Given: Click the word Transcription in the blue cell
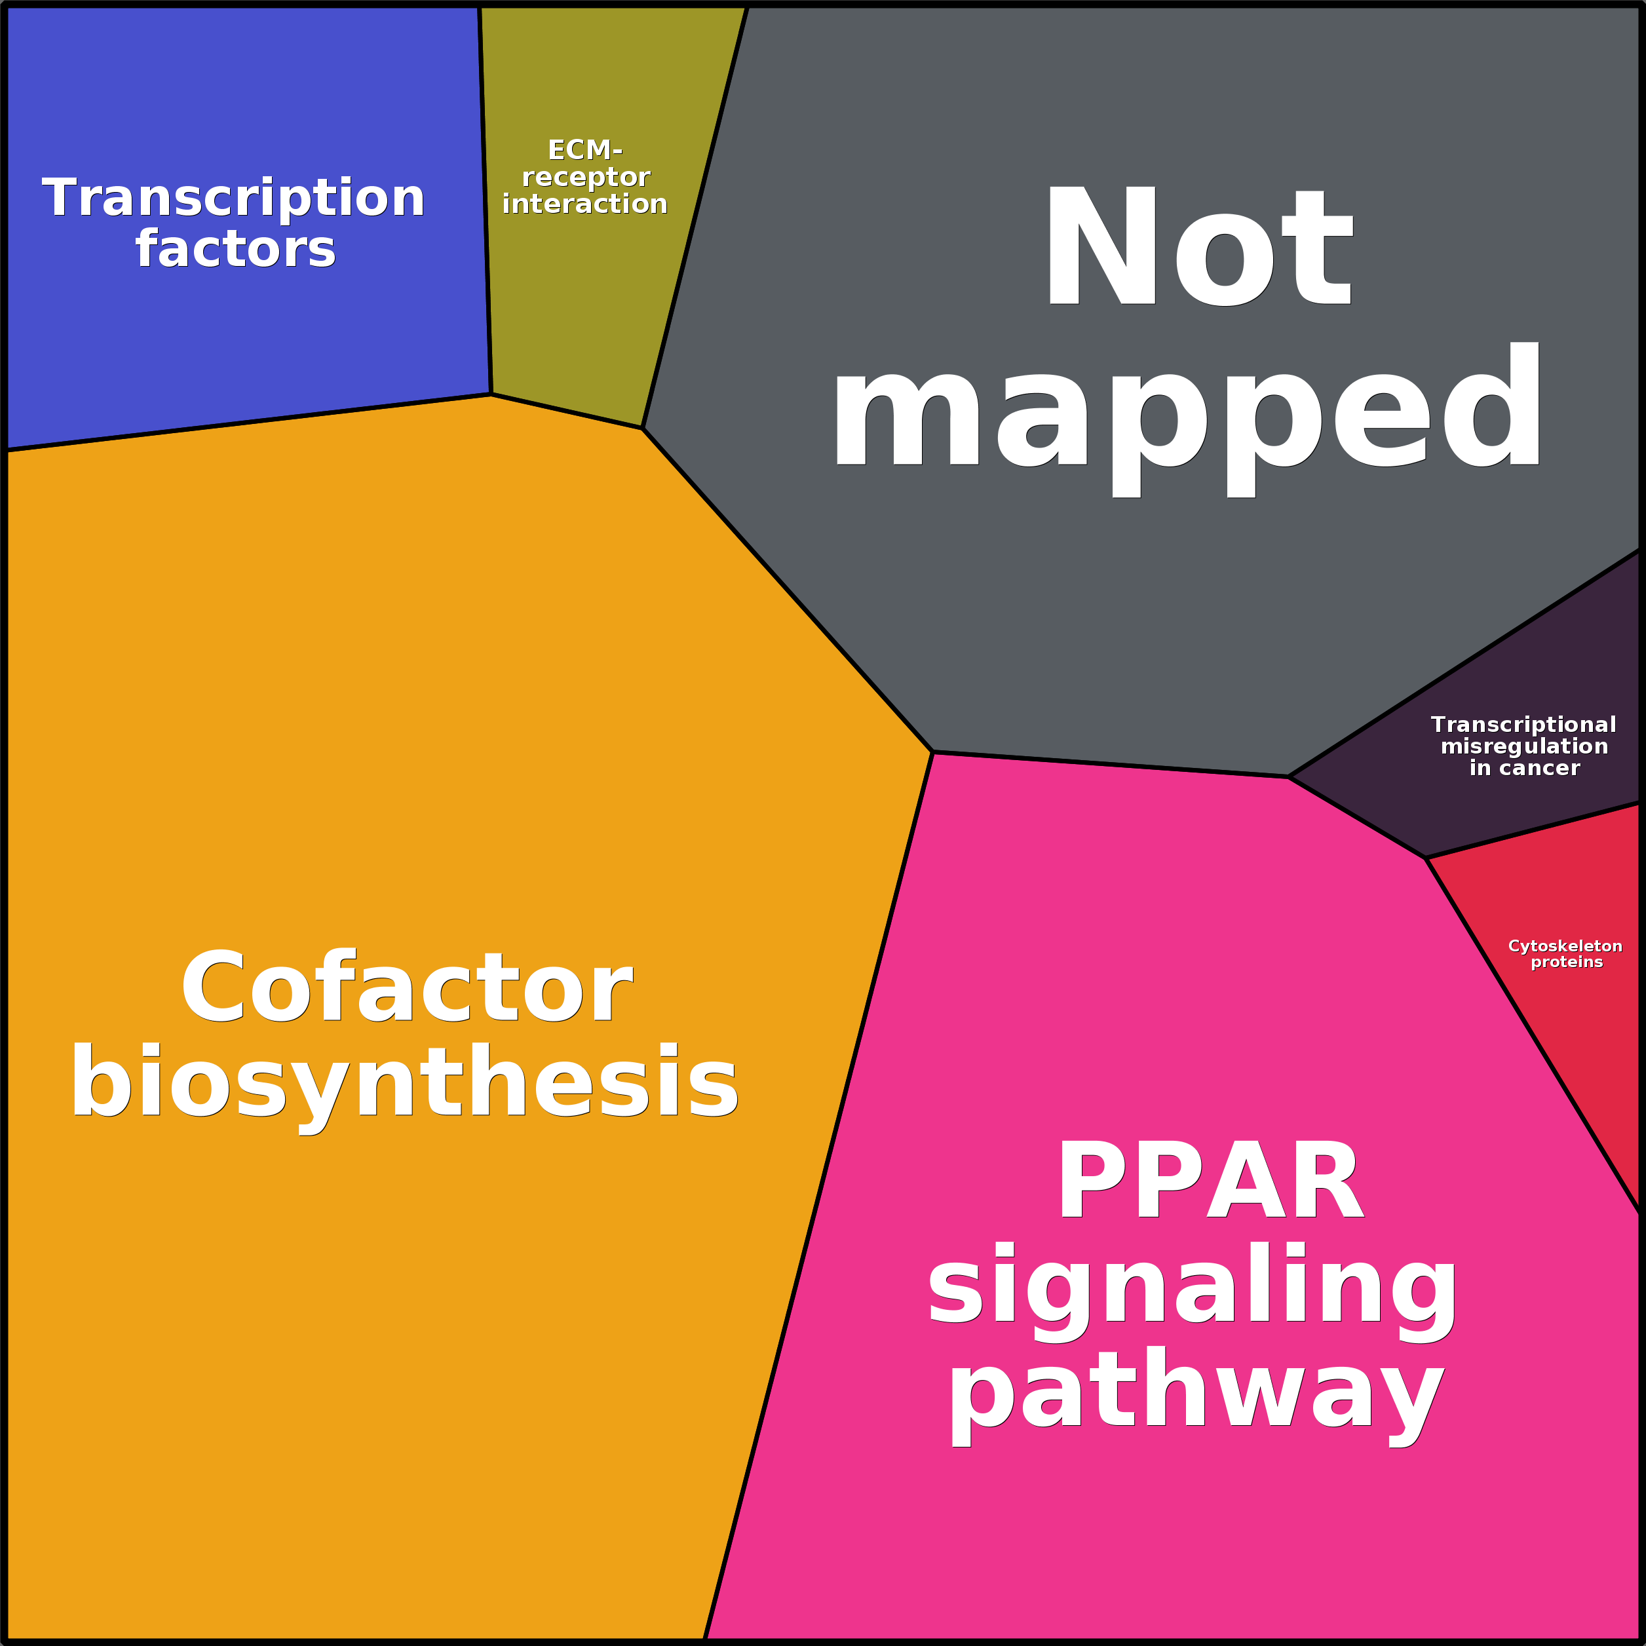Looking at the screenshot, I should click(233, 199).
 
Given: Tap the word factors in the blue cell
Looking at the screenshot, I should click(235, 249).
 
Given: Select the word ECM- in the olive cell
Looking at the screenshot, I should click(584, 150).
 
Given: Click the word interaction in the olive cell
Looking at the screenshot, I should click(584, 204).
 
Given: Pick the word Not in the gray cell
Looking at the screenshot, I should click(1198, 247).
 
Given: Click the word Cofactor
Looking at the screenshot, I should click(406, 988).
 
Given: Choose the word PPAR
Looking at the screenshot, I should click(1210, 1183).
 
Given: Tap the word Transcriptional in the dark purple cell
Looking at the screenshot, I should click(1523, 724).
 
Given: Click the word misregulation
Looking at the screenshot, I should click(1524, 746).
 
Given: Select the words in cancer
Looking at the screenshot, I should click(1524, 769).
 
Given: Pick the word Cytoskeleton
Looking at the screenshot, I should click(1565, 947).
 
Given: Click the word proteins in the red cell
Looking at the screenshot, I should click(1567, 963).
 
